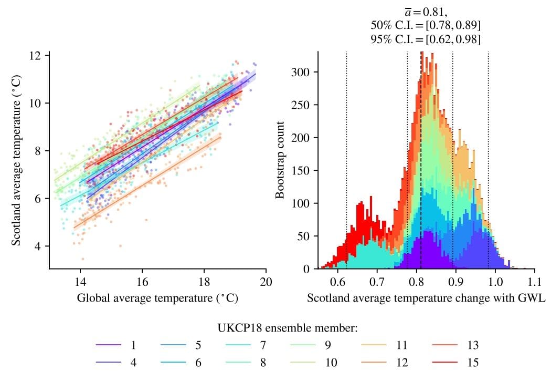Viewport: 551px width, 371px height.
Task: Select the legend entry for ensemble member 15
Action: (456, 362)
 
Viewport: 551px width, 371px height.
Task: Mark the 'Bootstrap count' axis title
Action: (280, 160)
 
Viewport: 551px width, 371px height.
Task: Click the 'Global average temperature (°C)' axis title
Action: (157, 298)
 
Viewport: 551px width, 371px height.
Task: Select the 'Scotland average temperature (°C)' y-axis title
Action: (16, 160)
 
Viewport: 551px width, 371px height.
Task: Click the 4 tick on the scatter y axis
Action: (39, 246)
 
